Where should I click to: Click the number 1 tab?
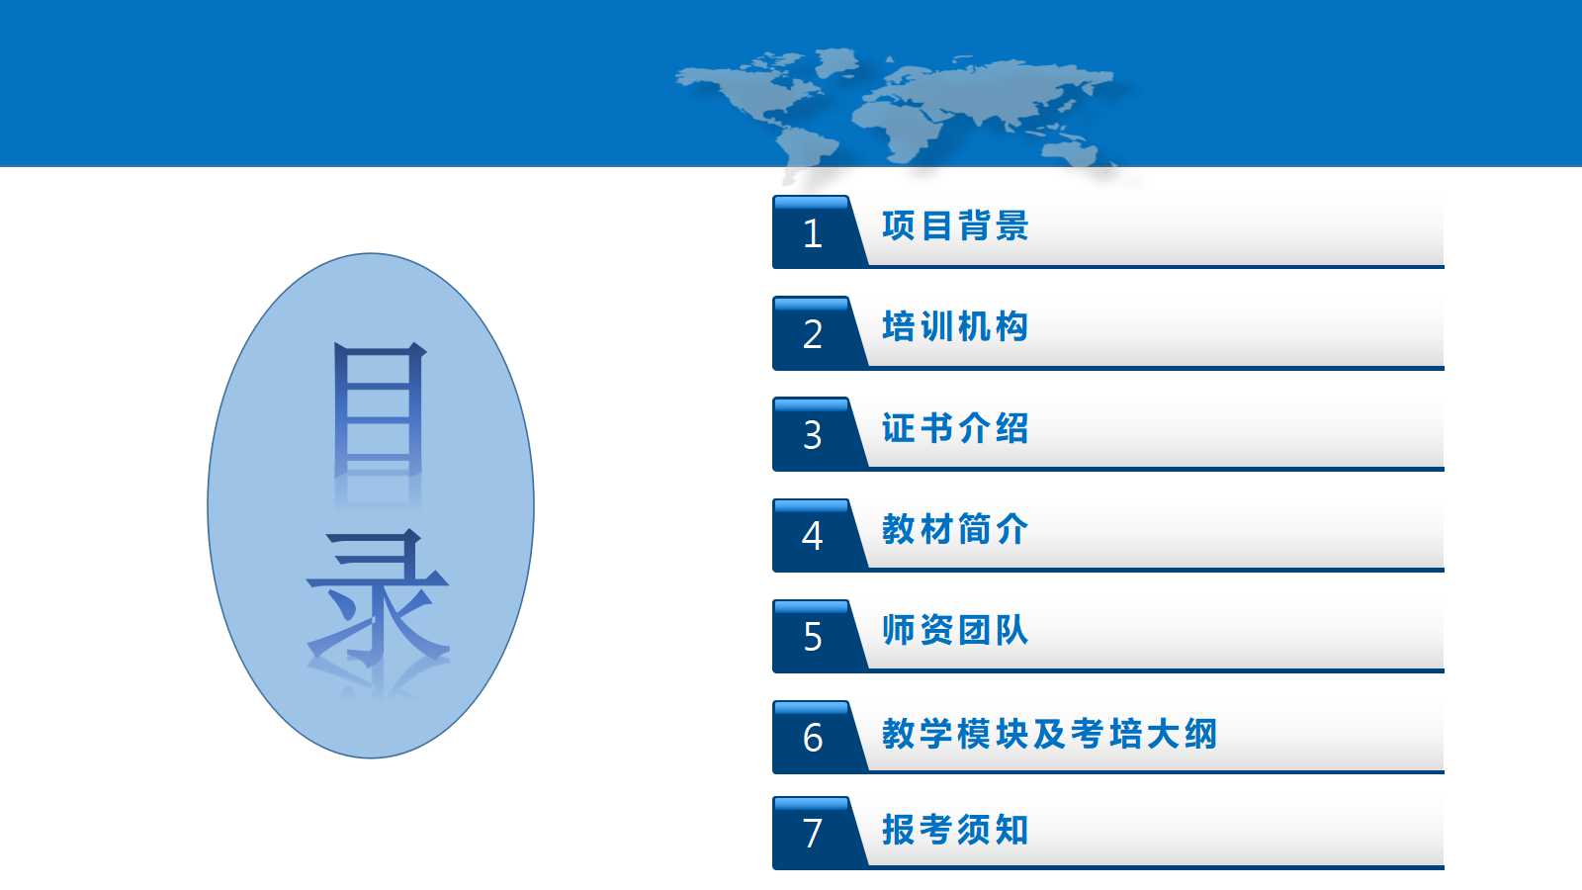tap(816, 232)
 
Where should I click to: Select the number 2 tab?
tap(816, 333)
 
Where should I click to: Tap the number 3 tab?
tap(816, 434)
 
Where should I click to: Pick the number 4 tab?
tap(816, 535)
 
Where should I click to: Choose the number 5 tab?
tap(816, 637)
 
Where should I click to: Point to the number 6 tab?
tap(816, 738)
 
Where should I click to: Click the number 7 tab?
tap(816, 833)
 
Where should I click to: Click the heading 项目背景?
tap(955, 226)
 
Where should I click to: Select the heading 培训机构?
tap(955, 327)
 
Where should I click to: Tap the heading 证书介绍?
tap(955, 428)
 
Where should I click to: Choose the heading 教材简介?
tap(955, 529)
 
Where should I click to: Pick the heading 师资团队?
tap(955, 630)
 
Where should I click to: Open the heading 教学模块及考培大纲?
tap(1049, 733)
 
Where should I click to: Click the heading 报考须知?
tap(955, 830)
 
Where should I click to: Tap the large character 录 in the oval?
tap(378, 599)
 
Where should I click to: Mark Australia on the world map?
tap(1071, 152)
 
